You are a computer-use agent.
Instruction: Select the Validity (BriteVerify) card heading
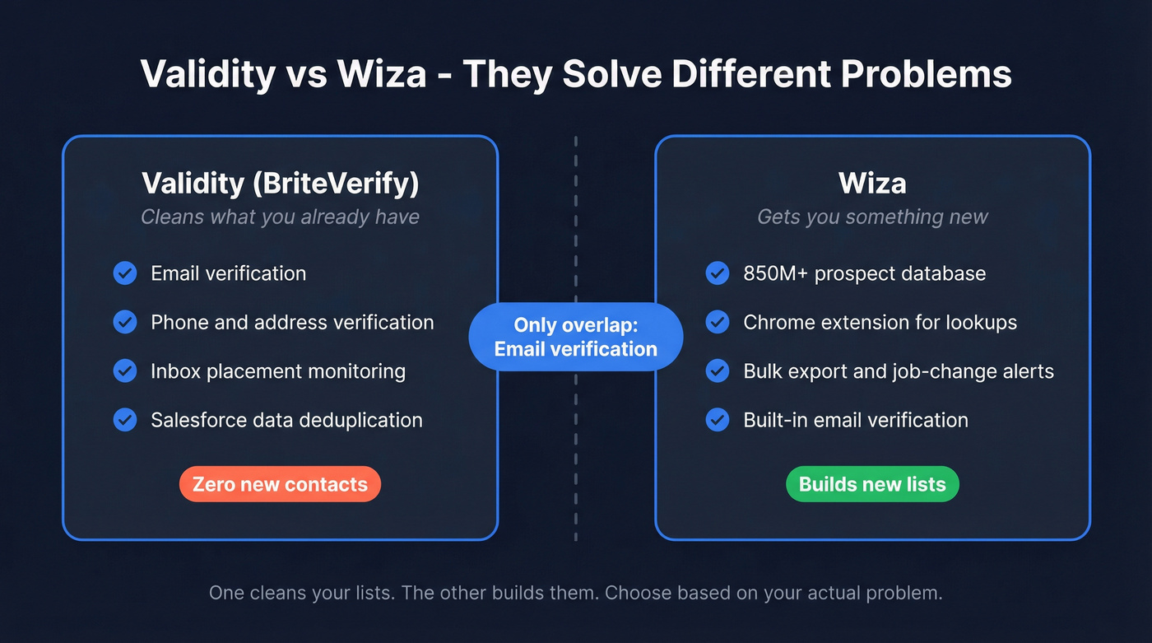tap(280, 183)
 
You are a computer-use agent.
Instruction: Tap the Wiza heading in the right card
tap(872, 183)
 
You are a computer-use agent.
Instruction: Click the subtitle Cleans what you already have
tap(280, 217)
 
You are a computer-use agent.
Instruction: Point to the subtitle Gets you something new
tap(872, 217)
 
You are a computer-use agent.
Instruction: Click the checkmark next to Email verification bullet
tap(125, 273)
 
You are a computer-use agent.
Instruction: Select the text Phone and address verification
tap(292, 322)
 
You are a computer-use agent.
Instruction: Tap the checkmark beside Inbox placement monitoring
tap(125, 371)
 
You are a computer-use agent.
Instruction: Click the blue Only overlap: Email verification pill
tap(575, 337)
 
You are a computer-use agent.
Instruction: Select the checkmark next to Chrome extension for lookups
tap(718, 322)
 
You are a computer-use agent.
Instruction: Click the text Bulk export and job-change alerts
tap(899, 371)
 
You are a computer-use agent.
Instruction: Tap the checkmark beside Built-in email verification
tap(718, 420)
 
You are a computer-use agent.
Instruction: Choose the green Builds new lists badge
tap(872, 484)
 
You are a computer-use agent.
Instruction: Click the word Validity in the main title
tap(207, 74)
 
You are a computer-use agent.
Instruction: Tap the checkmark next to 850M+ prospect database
tap(718, 273)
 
